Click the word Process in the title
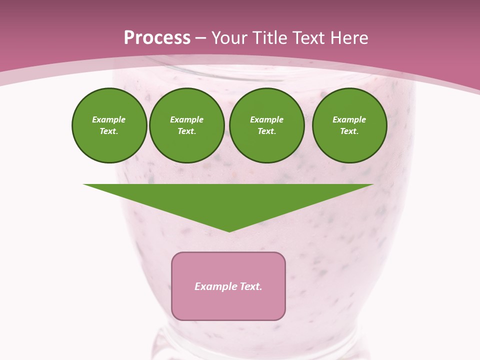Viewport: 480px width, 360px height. [x=157, y=38]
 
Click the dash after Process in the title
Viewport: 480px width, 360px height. [x=201, y=39]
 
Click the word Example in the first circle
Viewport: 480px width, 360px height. [x=109, y=120]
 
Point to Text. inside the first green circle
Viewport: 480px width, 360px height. [x=109, y=131]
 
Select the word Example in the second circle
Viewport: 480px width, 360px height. [x=187, y=120]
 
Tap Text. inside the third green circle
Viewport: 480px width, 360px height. [x=267, y=131]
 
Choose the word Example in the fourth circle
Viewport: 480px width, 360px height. [x=349, y=120]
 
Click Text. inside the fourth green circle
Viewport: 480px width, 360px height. [x=349, y=131]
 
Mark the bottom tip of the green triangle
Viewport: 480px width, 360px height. [x=229, y=231]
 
